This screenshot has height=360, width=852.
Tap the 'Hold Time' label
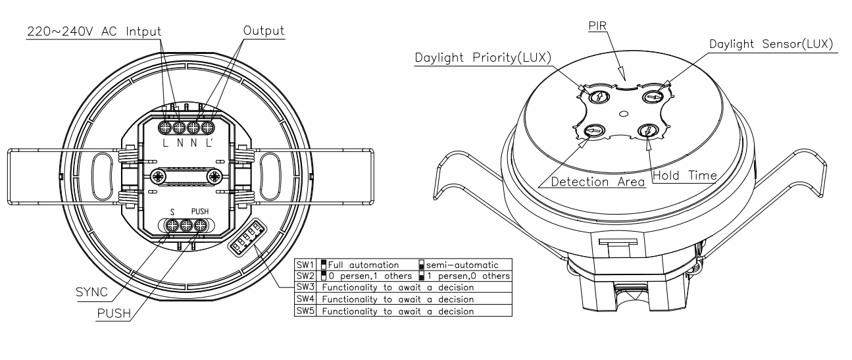click(685, 174)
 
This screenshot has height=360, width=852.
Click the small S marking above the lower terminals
click(172, 212)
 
